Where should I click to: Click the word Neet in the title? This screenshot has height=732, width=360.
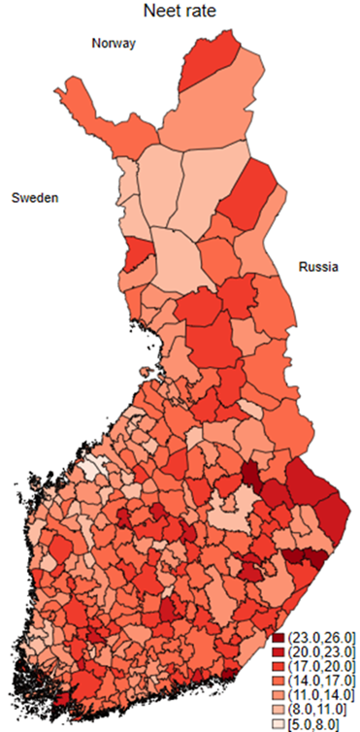click(x=160, y=13)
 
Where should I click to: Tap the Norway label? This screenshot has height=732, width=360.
click(x=114, y=44)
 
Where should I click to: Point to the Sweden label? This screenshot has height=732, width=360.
click(x=35, y=198)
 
